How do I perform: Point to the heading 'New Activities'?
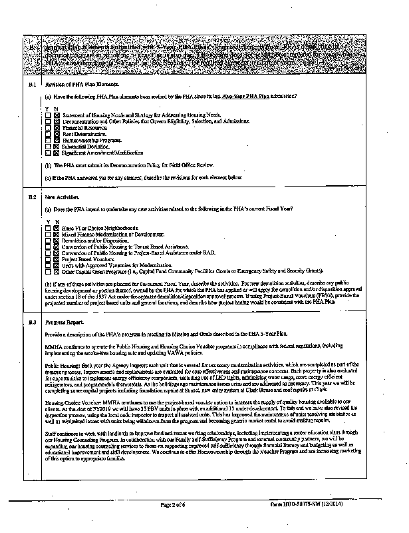[x=58, y=197]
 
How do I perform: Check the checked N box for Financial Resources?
[x=57, y=127]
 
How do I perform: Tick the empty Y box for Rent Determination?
[x=49, y=134]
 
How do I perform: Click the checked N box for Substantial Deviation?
[x=57, y=146]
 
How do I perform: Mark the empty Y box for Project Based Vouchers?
[x=49, y=259]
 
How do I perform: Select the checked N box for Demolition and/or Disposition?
[x=57, y=241]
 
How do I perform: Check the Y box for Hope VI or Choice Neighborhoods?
[x=49, y=229]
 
